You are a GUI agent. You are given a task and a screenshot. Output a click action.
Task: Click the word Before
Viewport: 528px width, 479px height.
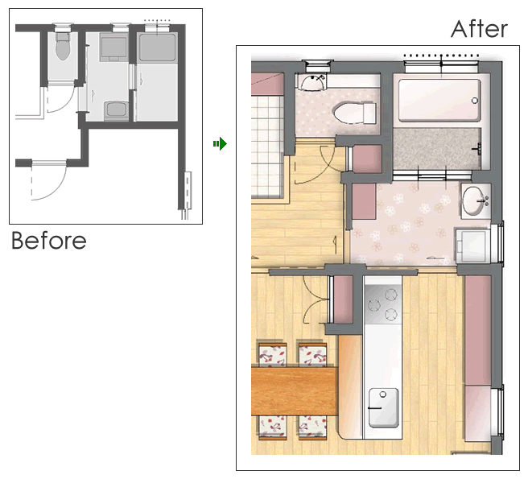point(49,240)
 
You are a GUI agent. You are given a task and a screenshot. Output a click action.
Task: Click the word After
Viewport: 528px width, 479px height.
point(479,29)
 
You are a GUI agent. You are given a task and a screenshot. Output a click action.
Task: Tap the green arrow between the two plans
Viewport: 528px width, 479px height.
point(220,144)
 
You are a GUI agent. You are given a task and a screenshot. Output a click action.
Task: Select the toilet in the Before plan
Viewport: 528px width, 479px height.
point(62,46)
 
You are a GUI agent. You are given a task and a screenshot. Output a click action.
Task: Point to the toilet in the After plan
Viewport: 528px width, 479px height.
point(354,113)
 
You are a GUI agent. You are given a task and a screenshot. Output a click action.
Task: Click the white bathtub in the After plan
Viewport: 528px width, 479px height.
point(439,100)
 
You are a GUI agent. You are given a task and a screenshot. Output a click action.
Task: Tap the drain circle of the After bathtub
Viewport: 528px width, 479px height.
point(475,101)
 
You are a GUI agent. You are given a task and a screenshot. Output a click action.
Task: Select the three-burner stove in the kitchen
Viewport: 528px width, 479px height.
point(383,304)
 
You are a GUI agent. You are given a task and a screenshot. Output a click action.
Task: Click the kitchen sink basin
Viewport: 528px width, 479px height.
point(384,407)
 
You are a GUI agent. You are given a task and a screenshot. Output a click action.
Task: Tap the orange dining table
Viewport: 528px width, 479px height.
point(294,391)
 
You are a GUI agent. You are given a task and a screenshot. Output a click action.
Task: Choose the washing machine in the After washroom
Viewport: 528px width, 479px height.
point(473,246)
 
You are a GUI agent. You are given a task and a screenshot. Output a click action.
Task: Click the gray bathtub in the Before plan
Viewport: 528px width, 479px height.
point(157,47)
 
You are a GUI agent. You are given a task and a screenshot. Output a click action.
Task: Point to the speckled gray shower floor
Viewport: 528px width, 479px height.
point(437,149)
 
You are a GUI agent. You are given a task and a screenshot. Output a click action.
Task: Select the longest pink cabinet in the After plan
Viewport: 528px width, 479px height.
point(478,330)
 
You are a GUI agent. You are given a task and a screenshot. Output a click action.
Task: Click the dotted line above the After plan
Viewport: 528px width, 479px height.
point(441,56)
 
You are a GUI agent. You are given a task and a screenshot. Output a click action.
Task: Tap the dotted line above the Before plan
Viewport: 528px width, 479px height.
point(157,21)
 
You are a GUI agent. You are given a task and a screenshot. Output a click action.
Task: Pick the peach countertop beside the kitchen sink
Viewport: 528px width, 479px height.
point(350,386)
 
